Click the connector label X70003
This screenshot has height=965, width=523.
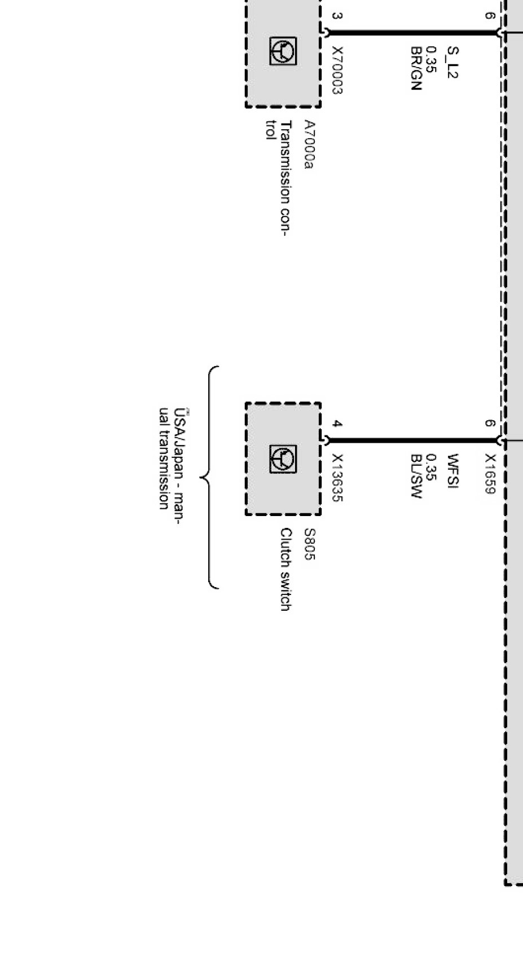(x=337, y=70)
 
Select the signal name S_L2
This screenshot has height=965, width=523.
(x=452, y=62)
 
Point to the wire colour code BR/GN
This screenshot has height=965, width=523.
(x=416, y=68)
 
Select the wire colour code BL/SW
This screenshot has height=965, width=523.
(x=416, y=476)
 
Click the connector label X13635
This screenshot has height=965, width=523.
(x=337, y=478)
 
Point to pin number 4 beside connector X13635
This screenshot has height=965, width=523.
(x=336, y=424)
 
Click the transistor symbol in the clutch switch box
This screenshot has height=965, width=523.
(x=283, y=459)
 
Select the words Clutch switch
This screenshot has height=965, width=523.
(x=286, y=569)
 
